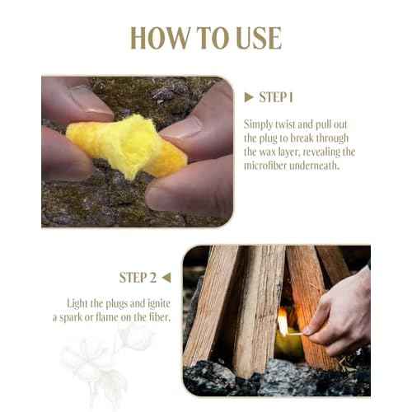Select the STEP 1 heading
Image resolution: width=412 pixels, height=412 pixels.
pos(276,97)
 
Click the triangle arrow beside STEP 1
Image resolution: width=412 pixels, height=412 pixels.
pos(249,97)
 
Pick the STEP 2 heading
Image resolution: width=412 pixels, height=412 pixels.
pos(139,277)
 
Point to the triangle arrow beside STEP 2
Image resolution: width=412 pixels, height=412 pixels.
pos(166,277)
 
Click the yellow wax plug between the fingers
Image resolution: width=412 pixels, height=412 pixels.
pos(124,147)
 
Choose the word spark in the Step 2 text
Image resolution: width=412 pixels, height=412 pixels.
pos(87,318)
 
